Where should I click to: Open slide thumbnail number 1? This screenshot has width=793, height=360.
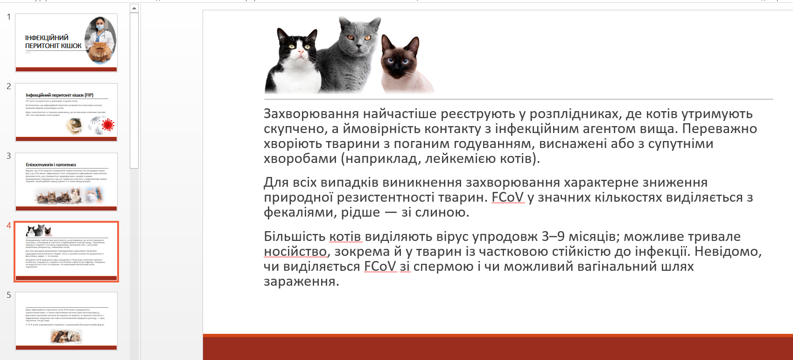(x=66, y=42)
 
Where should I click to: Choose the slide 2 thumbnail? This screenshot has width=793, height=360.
(x=66, y=112)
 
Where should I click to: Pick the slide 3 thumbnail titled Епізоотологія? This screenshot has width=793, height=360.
(x=66, y=182)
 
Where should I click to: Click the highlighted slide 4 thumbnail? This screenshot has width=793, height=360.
(x=66, y=251)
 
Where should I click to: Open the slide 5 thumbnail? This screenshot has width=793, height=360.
(x=66, y=321)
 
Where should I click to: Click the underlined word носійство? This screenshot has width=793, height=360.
(x=295, y=252)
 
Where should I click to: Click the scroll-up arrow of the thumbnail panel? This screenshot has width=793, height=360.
(x=134, y=8)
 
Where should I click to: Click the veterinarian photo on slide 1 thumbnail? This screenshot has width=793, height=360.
(x=100, y=40)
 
